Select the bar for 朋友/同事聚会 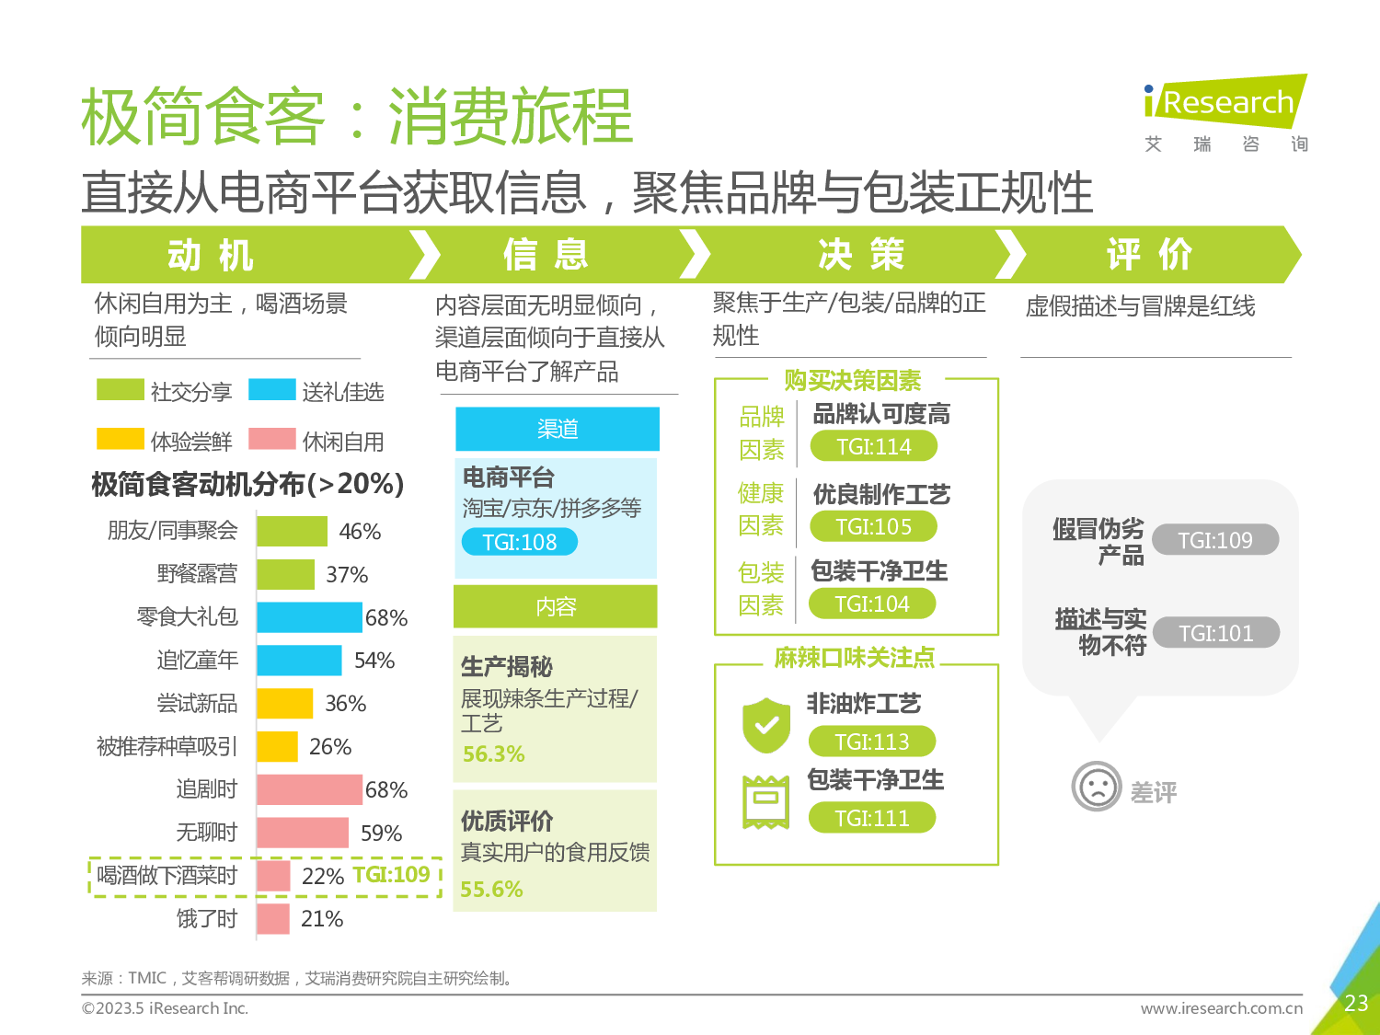coord(292,532)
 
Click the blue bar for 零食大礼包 coord(309,617)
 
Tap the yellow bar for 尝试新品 coord(284,704)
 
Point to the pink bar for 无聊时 coord(303,833)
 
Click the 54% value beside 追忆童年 coord(374,661)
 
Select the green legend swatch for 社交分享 coord(121,390)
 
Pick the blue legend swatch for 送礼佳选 coord(271,390)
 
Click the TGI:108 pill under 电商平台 coord(520,542)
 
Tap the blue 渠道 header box coord(558,429)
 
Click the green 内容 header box coord(556,606)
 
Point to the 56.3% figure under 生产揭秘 coord(493,754)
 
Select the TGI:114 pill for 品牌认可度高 coord(874,447)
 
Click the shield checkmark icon coord(766,725)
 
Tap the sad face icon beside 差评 coord(1097,787)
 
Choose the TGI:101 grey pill coord(1215,633)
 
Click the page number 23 coord(1356,1003)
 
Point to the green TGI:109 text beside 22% coord(391,875)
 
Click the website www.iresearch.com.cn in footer coord(1222,1008)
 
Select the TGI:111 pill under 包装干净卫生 coord(872,818)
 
